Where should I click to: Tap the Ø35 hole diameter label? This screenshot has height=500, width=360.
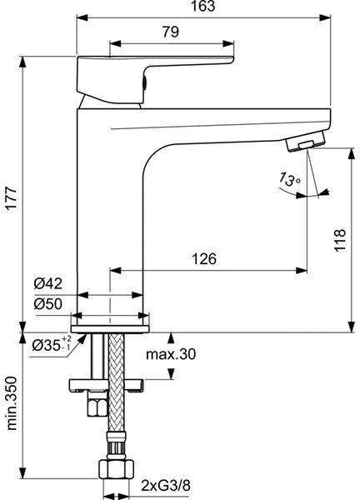tap(52, 344)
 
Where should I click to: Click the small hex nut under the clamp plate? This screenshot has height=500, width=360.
tap(94, 407)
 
